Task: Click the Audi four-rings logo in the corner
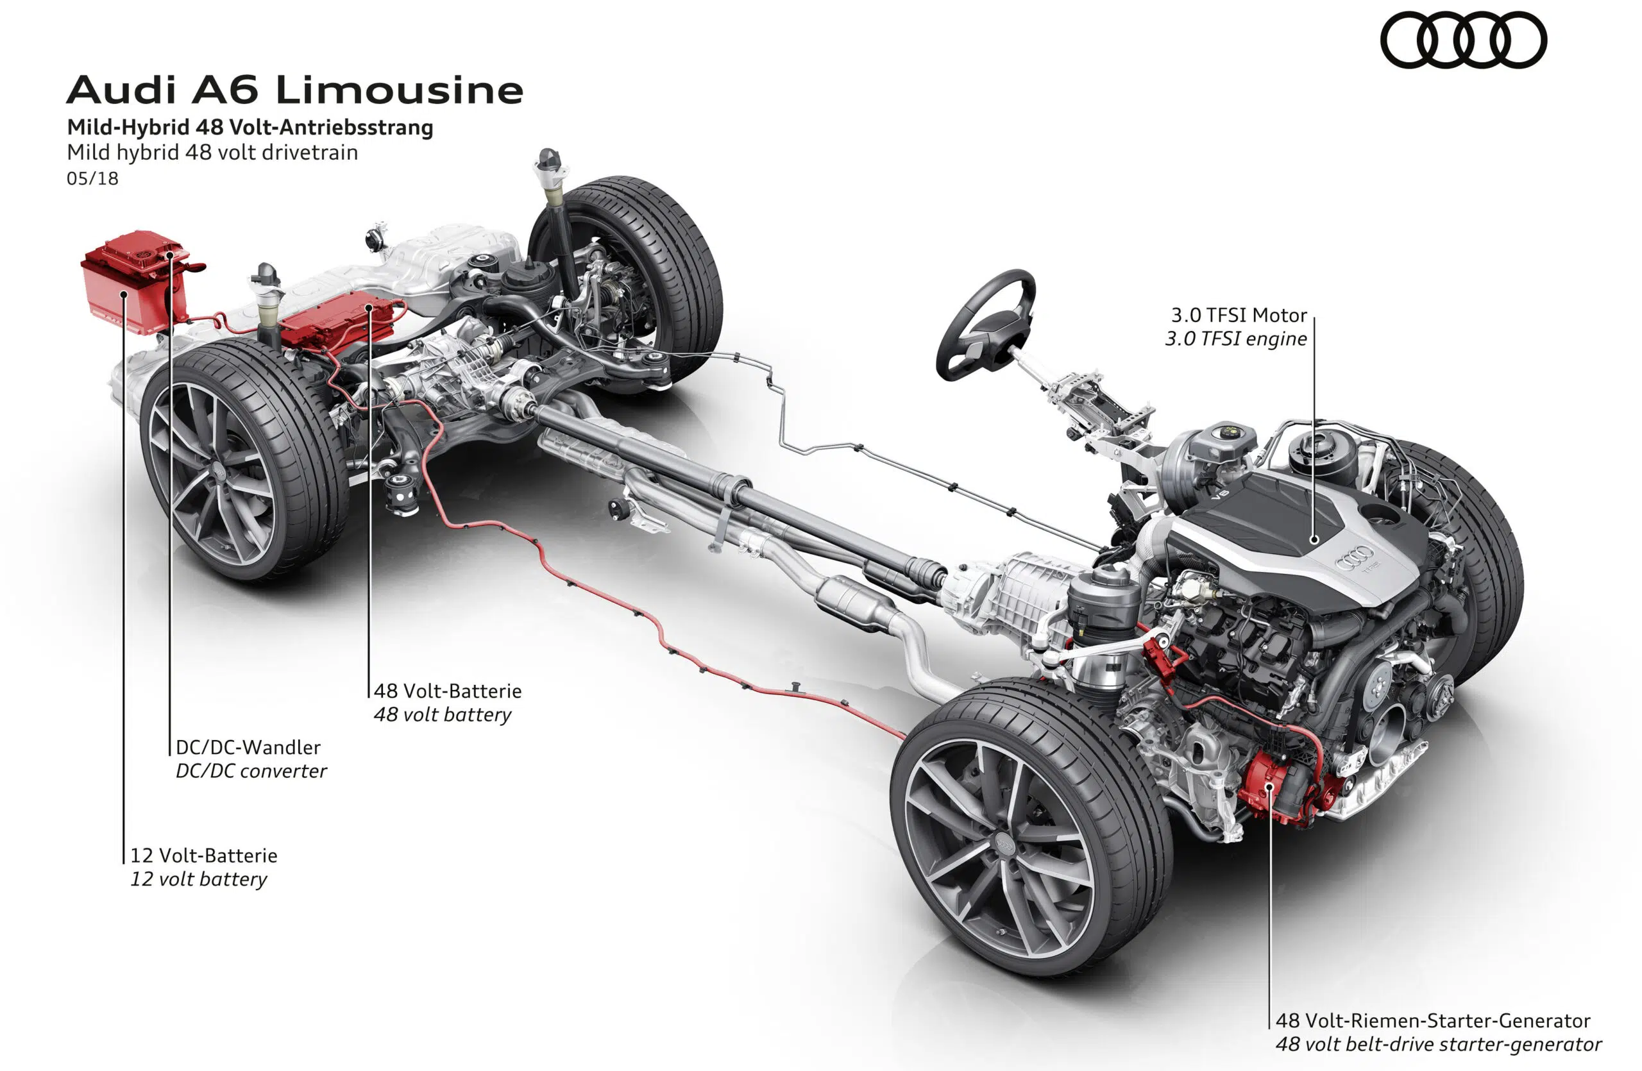tap(1463, 40)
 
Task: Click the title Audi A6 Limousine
tap(294, 90)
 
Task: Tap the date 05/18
tap(92, 179)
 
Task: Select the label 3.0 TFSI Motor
tap(1239, 315)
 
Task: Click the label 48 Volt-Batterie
tap(448, 690)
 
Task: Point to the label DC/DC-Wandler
tap(248, 747)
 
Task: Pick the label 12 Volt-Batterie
tap(203, 855)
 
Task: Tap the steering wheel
tap(985, 324)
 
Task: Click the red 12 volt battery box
tap(135, 283)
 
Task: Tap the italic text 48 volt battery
tap(442, 714)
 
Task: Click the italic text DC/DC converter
tap(251, 771)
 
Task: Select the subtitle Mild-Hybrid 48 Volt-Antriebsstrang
tap(250, 128)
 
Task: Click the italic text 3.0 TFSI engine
tap(1235, 339)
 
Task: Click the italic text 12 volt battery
tap(199, 879)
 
